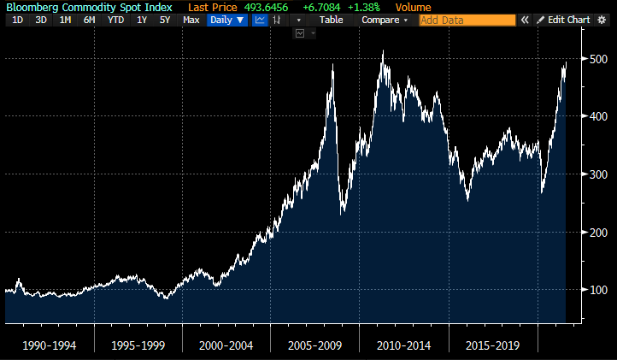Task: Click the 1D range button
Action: [x=17, y=19]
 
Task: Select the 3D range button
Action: [x=41, y=19]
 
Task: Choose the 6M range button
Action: [x=89, y=19]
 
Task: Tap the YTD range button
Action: [x=115, y=19]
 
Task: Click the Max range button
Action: [x=191, y=19]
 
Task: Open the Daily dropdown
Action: [x=227, y=19]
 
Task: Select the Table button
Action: [x=331, y=19]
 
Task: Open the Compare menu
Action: [x=385, y=19]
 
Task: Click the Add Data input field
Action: [x=467, y=19]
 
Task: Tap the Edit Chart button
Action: [x=564, y=19]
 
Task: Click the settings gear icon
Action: [x=602, y=19]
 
